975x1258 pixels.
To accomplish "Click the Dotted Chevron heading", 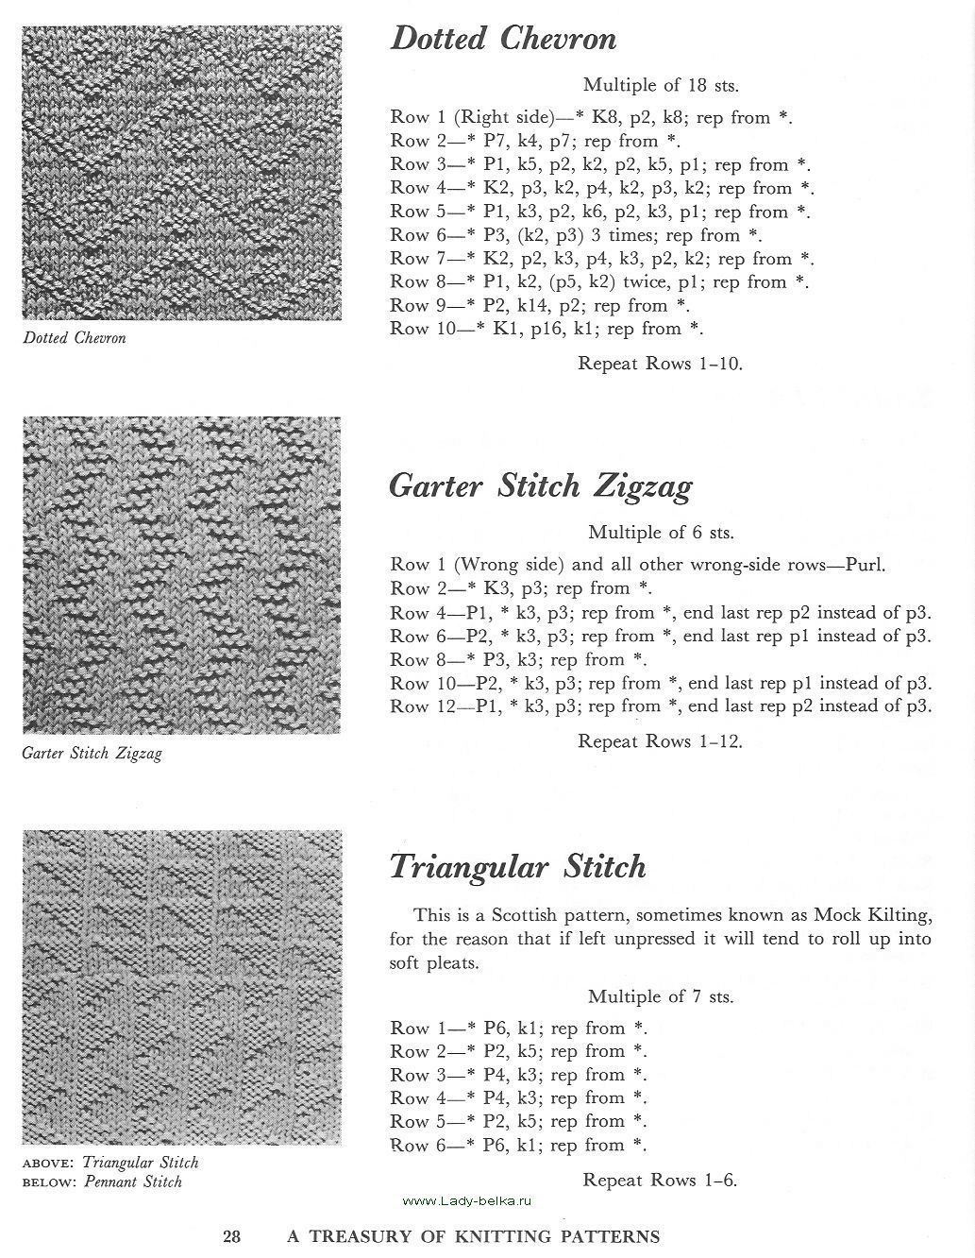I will click(503, 39).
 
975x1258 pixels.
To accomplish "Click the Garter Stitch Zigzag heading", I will click(540, 485).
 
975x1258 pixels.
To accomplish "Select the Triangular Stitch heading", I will click(517, 866).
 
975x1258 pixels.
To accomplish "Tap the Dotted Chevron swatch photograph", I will click(182, 173).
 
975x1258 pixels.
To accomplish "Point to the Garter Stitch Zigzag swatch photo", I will click(182, 575).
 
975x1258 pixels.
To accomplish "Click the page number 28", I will click(232, 1236).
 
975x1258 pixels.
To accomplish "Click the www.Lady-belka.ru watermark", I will click(467, 1200).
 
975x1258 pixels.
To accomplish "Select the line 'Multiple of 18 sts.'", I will click(661, 85).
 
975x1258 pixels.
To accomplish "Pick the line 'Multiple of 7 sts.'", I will click(661, 996).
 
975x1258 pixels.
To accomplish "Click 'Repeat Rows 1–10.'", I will click(660, 364).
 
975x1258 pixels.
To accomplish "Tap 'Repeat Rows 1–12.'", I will click(660, 741).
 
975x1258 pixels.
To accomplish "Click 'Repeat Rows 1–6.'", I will click(660, 1180).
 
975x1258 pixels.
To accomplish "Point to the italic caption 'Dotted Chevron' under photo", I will click(74, 338).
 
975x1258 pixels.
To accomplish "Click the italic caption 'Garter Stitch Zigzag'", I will click(92, 754).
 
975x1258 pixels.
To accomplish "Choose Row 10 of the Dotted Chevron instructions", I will click(547, 329).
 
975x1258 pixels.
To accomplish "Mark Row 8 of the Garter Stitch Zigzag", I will click(519, 659).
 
